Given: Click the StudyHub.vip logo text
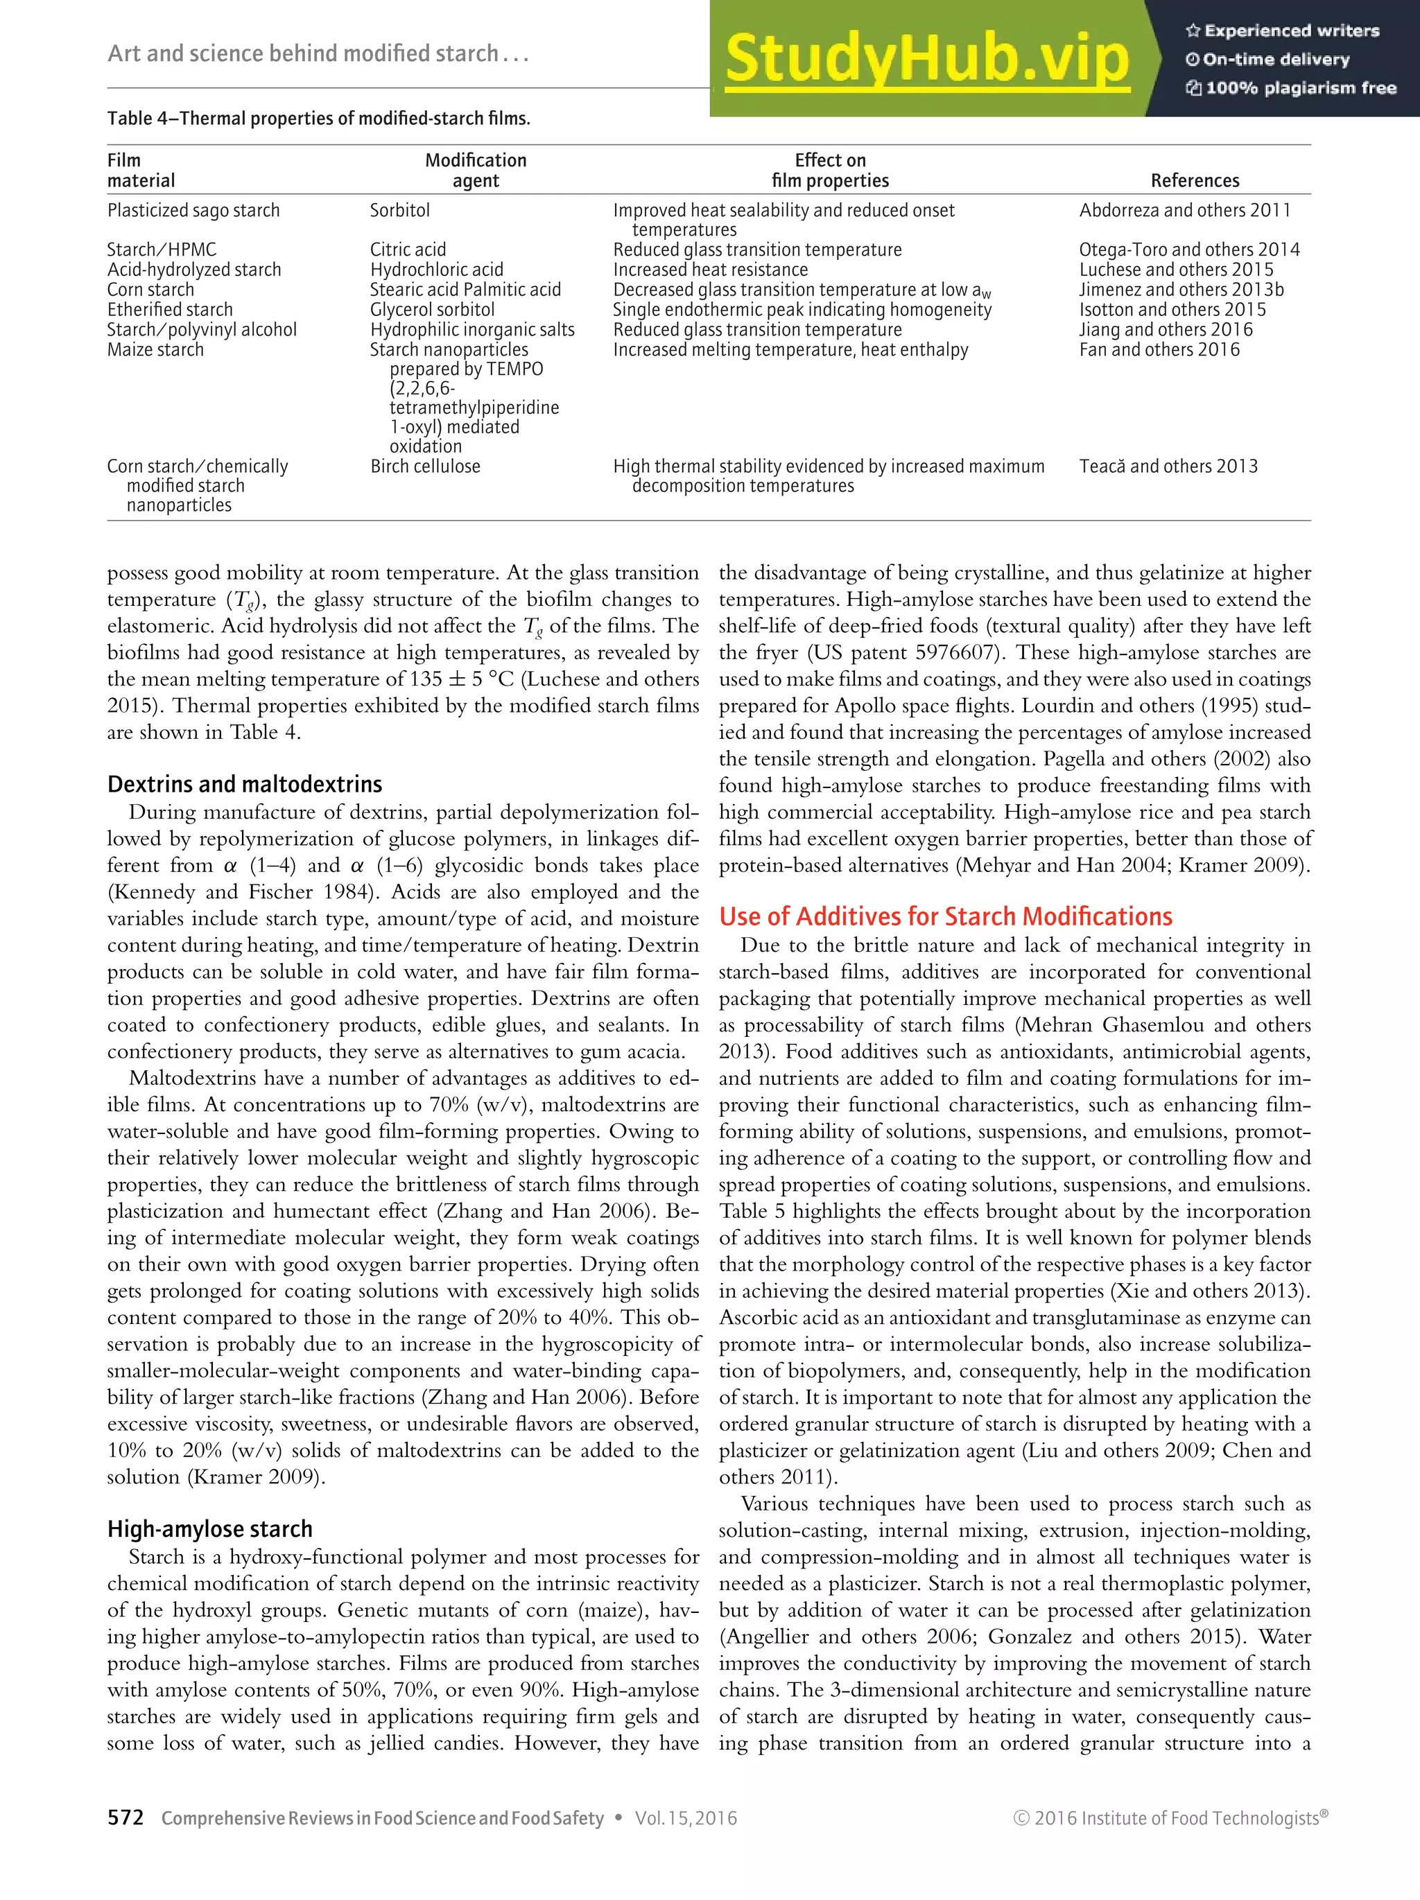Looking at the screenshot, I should pos(926,58).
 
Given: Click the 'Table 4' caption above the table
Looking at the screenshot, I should pos(318,119).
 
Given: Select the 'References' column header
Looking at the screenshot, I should pos(1194,180).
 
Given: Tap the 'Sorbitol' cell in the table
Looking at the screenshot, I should pos(399,211).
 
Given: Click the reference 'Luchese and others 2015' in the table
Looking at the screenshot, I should pos(1175,270).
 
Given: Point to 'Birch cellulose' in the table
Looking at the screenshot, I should pos(424,467).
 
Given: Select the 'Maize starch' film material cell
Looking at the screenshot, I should pos(155,349).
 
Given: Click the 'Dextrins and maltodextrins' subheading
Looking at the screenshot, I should pos(244,784).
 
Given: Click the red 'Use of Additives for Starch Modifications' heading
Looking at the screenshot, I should pos(945,916).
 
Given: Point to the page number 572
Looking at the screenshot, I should pos(125,1818).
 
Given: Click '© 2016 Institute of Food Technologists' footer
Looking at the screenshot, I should pos(1170,1818).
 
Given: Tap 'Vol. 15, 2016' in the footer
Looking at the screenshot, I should pos(686,1818).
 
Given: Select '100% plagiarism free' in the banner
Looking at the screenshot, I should pos(1300,87).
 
